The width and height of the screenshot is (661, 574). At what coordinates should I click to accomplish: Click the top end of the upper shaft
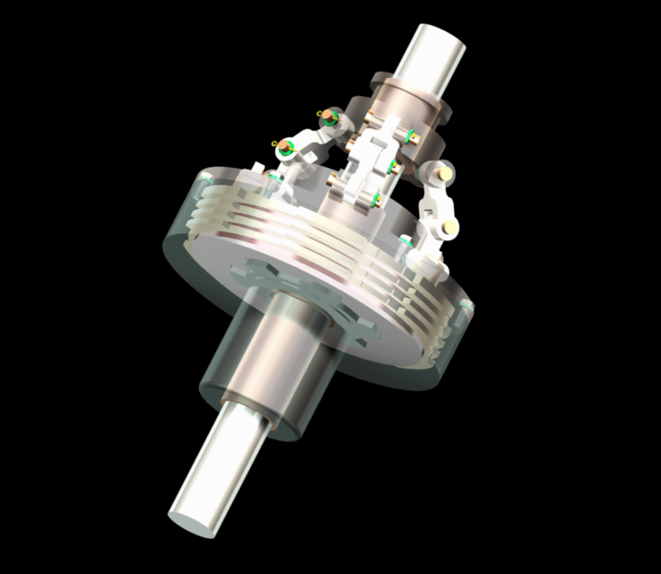tap(440, 40)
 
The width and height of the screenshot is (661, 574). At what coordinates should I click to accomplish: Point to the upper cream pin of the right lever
tap(441, 170)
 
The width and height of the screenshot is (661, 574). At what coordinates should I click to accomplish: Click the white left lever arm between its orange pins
tap(309, 135)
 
